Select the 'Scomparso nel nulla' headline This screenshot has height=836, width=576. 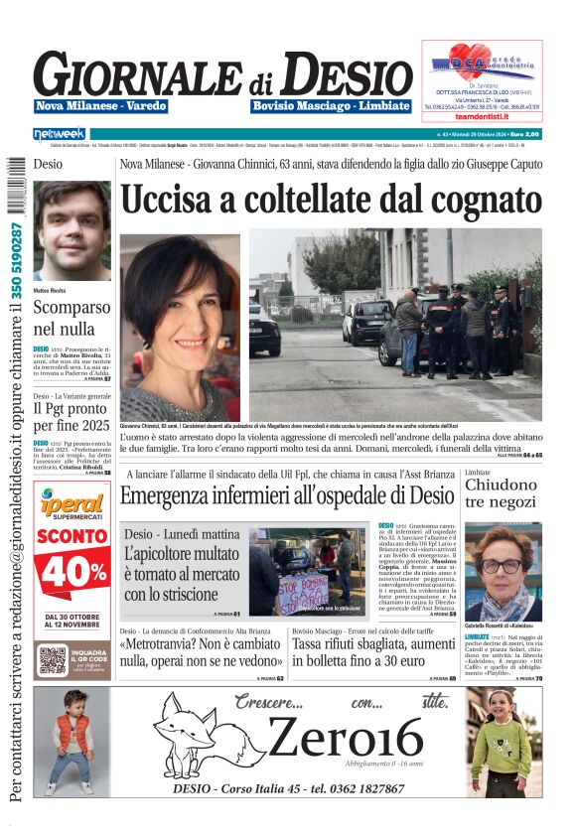(x=72, y=317)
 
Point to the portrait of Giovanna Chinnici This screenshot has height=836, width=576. (x=180, y=327)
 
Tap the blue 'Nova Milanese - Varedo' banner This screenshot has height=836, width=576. (x=101, y=105)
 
